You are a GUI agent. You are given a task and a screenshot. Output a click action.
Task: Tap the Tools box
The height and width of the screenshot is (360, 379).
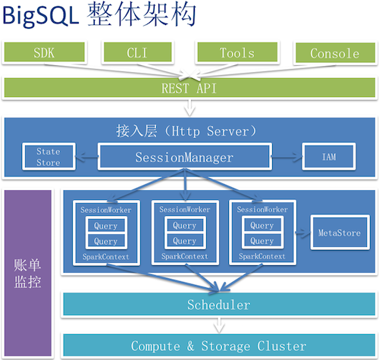237,54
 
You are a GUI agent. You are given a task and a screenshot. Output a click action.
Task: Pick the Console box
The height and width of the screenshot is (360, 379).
334,54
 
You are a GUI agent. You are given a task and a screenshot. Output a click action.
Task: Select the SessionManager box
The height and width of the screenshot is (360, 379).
184,158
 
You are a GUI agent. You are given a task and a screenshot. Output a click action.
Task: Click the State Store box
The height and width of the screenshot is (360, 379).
48,157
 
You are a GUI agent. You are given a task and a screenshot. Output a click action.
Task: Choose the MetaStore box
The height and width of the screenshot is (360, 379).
338,233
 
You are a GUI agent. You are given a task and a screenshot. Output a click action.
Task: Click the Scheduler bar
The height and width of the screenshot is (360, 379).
218,305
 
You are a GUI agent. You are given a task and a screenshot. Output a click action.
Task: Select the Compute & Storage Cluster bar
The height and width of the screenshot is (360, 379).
218,345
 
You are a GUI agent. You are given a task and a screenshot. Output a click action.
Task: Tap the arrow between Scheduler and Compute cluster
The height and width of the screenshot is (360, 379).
218,325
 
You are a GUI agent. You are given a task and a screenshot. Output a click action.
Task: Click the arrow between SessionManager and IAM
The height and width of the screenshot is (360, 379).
287,158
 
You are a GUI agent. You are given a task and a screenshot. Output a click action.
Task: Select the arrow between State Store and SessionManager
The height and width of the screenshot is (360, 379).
86,158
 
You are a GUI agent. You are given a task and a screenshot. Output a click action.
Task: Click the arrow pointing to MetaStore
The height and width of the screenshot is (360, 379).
299,233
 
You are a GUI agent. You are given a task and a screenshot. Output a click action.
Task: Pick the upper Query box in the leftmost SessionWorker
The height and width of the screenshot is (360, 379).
105,225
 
